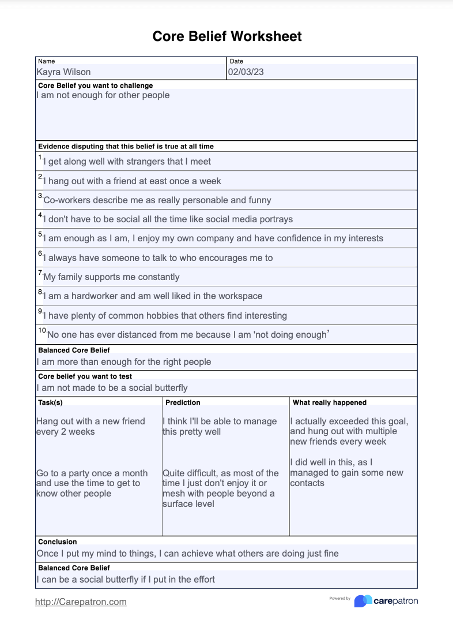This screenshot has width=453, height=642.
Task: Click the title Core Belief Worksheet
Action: pyautogui.click(x=226, y=36)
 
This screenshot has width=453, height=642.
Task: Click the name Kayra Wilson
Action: pyautogui.click(x=63, y=72)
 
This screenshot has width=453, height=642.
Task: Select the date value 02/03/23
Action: pyautogui.click(x=246, y=72)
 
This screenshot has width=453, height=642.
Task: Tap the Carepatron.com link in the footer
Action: pyautogui.click(x=81, y=602)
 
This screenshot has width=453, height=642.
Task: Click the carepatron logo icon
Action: pyautogui.click(x=363, y=601)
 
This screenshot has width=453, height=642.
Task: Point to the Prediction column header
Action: pyautogui.click(x=183, y=402)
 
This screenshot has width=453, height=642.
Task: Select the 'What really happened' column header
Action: pyautogui.click(x=329, y=402)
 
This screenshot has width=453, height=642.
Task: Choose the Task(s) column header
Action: pyautogui.click(x=50, y=402)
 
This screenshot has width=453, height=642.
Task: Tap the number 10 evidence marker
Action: pyautogui.click(x=42, y=330)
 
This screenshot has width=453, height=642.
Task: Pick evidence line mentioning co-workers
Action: pyautogui.click(x=157, y=200)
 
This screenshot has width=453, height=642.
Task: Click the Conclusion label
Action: pyautogui.click(x=57, y=542)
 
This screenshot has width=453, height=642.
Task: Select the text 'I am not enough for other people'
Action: pyautogui.click(x=103, y=95)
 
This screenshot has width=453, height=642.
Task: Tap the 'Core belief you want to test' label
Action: pyautogui.click(x=85, y=376)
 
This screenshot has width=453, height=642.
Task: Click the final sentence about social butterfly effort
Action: pyautogui.click(x=126, y=579)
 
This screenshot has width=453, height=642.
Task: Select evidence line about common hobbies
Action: pyautogui.click(x=165, y=316)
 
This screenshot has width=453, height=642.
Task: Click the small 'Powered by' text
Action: pyautogui.click(x=340, y=598)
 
